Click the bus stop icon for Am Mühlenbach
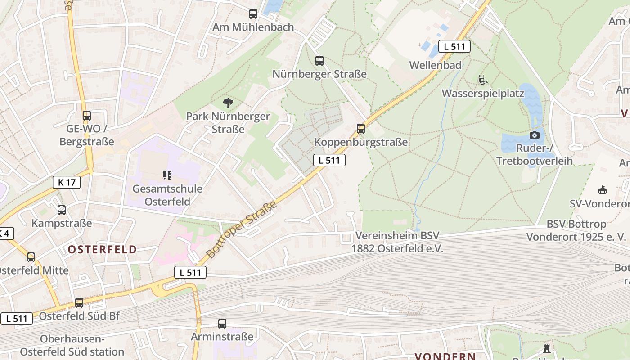[253, 14]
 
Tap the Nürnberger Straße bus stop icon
[319, 61]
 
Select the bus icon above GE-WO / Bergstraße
[87, 116]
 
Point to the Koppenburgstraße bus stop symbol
[361, 129]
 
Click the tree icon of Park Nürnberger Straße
[228, 103]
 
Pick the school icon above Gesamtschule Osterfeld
[167, 175]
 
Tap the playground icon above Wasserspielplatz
[483, 81]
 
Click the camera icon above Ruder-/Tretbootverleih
[535, 135]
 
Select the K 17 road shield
[67, 182]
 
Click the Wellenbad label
[435, 65]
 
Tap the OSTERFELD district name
[103, 250]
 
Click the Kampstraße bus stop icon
[62, 210]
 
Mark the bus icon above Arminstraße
[222, 324]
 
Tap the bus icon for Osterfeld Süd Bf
[79, 303]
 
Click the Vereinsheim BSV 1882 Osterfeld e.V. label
[397, 242]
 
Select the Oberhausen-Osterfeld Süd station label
[72, 345]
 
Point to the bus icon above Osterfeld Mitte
[31, 257]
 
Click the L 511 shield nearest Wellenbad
[454, 46]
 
